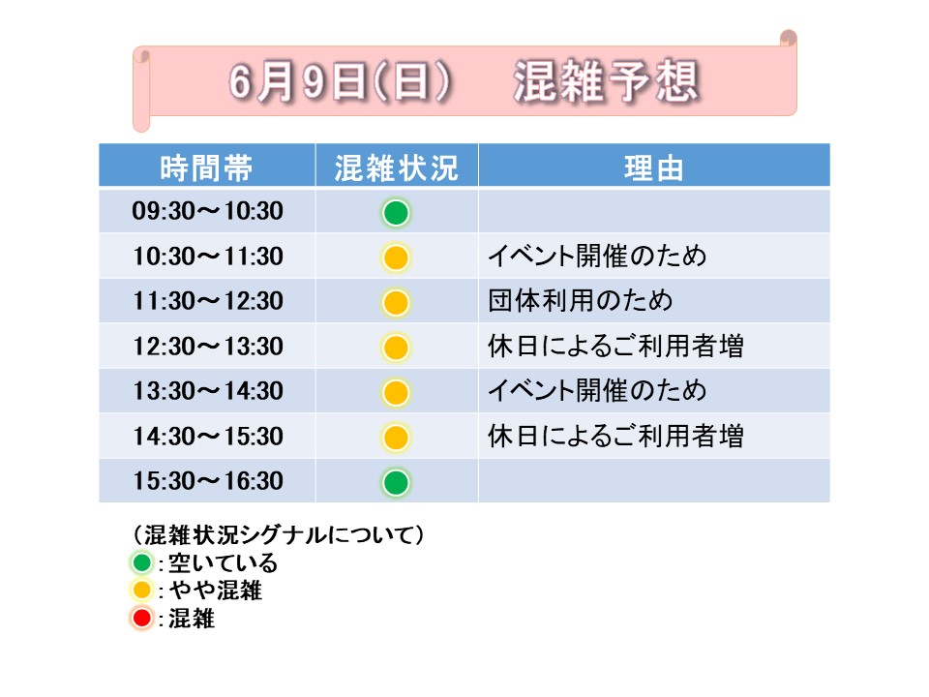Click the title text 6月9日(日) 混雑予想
coord(464,81)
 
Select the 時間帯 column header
coord(207,167)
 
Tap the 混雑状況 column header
coord(397,167)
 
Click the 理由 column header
coord(653,167)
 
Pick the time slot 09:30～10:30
coord(207,211)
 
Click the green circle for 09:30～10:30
coord(396,213)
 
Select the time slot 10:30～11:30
coord(207,256)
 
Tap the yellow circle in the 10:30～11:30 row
coord(396,258)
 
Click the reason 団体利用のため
coord(581,300)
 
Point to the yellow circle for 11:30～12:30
coord(396,302)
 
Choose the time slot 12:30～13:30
coord(207,347)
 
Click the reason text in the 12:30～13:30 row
coord(615,347)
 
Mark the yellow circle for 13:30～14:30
coord(396,392)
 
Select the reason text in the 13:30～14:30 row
coord(597,390)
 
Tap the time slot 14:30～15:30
coord(207,437)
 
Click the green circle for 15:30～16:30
coord(396,482)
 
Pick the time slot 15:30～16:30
coord(207,481)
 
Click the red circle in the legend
coord(142,618)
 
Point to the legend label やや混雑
coord(216,591)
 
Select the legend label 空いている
coord(223,562)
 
